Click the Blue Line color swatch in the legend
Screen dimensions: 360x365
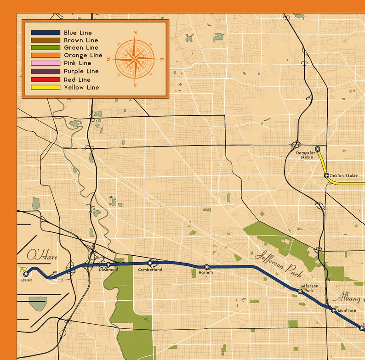(45, 33)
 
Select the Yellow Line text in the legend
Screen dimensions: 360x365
(81, 87)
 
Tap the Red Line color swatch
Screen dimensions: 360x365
(45, 79)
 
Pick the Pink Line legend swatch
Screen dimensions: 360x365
(45, 63)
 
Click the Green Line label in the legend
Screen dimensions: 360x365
(81, 47)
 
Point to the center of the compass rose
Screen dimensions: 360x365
(135, 59)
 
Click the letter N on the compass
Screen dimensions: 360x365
(135, 33)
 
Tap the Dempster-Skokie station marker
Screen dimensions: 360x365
(317, 149)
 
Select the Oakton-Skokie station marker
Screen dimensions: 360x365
(326, 175)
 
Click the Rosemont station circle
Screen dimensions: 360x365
(108, 264)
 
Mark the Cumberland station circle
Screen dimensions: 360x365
(150, 263)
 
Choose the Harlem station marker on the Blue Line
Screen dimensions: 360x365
(206, 267)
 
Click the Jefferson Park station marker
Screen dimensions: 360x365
(300, 291)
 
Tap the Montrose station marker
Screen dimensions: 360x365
(334, 310)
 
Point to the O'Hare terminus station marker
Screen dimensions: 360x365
(26, 274)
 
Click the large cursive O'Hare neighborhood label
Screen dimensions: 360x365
(42, 256)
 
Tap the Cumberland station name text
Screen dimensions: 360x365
(150, 270)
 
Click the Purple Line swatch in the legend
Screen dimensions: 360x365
(45, 71)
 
